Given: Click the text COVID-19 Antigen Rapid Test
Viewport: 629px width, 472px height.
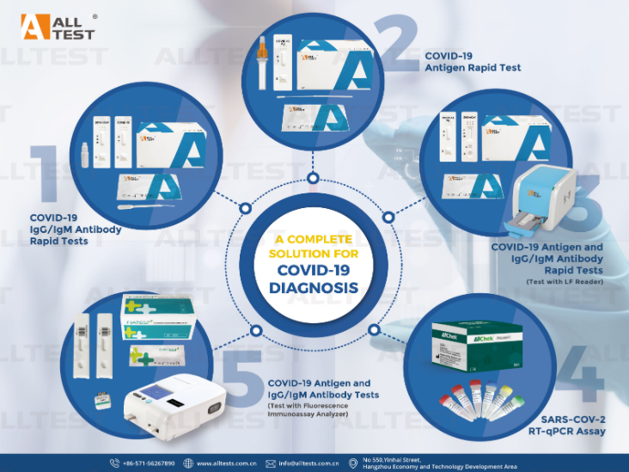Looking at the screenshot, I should tap(473, 61).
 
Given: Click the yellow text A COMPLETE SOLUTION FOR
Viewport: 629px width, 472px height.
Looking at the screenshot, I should tap(314, 244).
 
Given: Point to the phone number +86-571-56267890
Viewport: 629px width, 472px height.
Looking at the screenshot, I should tap(148, 463).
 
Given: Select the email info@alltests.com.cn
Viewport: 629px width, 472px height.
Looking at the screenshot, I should tap(307, 463).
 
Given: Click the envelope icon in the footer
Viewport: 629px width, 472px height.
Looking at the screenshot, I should tap(271, 463).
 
